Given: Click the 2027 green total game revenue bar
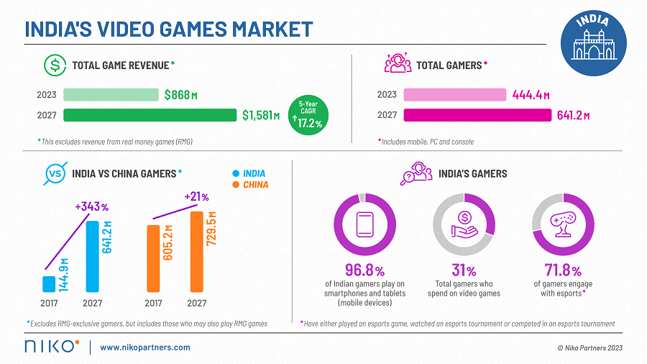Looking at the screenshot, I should [150, 115].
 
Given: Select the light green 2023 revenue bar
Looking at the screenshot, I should [111, 95].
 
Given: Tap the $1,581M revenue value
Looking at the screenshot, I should [261, 115].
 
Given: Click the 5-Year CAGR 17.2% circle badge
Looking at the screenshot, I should [308, 114].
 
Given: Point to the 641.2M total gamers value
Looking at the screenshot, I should [573, 115].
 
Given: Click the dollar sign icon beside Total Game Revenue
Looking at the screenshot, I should [54, 65].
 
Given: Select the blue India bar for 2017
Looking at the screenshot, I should [49, 284].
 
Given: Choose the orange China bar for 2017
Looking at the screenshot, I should [152, 259].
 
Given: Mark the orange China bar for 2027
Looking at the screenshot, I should [195, 252].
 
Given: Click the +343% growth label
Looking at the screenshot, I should [91, 207].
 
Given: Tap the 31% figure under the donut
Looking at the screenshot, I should [463, 271].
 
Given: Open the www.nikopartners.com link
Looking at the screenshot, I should [145, 347].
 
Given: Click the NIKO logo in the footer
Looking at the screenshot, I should [51, 347].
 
